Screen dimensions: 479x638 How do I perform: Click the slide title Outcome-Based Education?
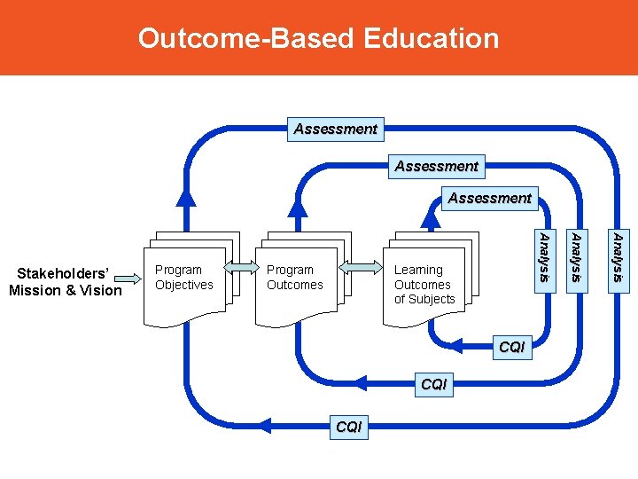click(318, 38)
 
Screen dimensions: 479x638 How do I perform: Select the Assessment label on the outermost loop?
click(336, 129)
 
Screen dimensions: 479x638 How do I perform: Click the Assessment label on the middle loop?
click(436, 166)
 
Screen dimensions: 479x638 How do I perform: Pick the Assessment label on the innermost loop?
click(489, 198)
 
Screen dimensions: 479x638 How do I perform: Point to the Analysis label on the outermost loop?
click(619, 258)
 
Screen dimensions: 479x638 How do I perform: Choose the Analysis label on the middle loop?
click(575, 258)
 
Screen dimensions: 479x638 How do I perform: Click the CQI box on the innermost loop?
click(512, 347)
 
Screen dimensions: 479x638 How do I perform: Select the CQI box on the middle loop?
click(434, 384)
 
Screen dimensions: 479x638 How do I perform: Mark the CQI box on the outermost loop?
click(348, 427)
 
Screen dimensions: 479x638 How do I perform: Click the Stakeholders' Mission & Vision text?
click(65, 280)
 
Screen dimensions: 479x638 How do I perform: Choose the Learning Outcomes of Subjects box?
click(423, 284)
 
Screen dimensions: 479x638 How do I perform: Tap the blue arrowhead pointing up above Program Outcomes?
click(299, 206)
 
